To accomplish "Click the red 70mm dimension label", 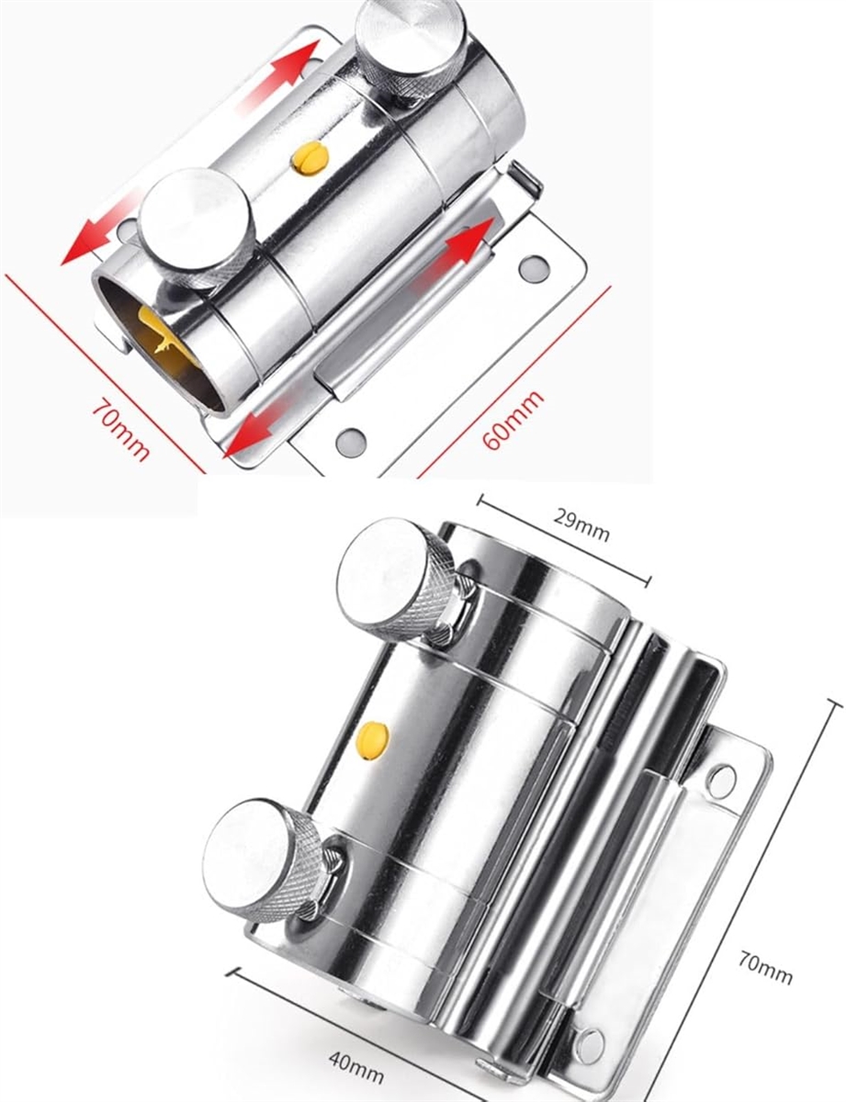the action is coord(120,429).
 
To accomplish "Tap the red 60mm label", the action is coord(513,420).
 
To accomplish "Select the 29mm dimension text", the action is coord(581,526).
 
